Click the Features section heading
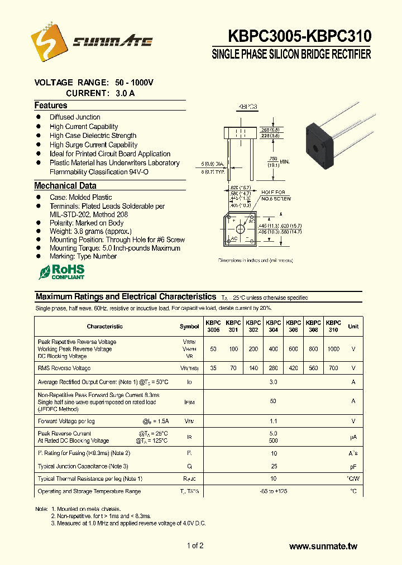click(51, 106)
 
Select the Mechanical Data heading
click(65, 186)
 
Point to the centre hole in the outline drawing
click(241, 229)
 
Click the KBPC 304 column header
click(274, 327)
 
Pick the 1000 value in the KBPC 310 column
click(333, 349)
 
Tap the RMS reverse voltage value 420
click(293, 368)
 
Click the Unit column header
click(353, 327)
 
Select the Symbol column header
click(189, 327)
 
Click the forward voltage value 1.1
click(274, 422)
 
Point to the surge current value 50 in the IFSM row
click(274, 401)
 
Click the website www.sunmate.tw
click(323, 547)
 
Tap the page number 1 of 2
click(195, 546)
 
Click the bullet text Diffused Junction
click(75, 117)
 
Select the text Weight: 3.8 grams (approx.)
click(90, 231)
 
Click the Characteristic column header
click(105, 327)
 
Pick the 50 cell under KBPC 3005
click(213, 349)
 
